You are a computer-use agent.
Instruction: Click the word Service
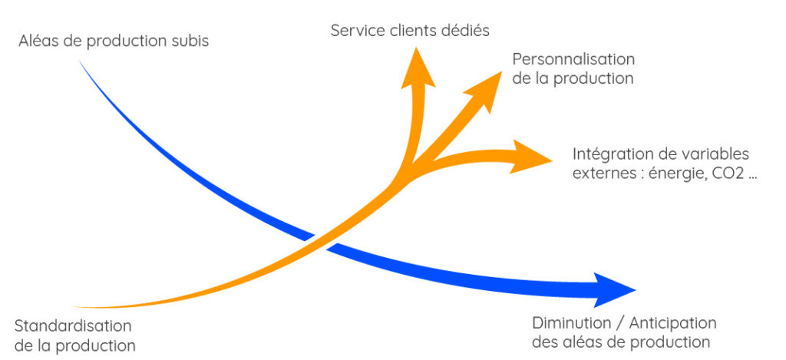(355, 31)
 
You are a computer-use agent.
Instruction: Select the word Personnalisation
(573, 59)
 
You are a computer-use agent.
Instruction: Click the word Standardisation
(73, 325)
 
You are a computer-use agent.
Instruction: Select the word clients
(415, 31)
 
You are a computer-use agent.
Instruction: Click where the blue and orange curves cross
(313, 236)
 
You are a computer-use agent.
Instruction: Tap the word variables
(720, 154)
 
